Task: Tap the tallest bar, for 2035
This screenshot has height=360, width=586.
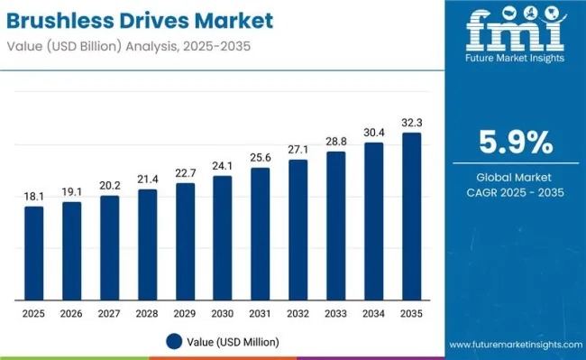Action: (411, 216)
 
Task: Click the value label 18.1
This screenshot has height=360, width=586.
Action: (33, 196)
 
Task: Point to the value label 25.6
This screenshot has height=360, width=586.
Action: (261, 157)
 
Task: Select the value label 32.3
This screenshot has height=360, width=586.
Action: (411, 122)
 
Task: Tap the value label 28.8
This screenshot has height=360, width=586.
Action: (336, 141)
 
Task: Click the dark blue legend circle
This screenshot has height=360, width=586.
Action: (174, 342)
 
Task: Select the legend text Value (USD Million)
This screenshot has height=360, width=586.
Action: (233, 342)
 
